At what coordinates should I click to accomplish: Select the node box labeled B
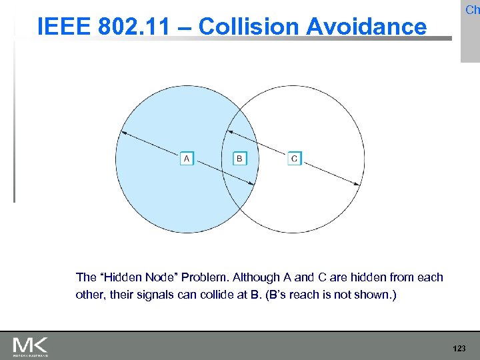click(x=240, y=159)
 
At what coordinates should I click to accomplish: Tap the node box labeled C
click(x=295, y=159)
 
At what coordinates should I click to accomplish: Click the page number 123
click(x=459, y=349)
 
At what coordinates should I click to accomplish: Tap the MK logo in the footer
click(x=30, y=346)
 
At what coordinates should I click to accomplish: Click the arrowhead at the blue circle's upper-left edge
click(x=121, y=131)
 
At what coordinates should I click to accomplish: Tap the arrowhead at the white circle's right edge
click(x=359, y=183)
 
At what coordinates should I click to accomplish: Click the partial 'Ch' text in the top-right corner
click(x=472, y=9)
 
